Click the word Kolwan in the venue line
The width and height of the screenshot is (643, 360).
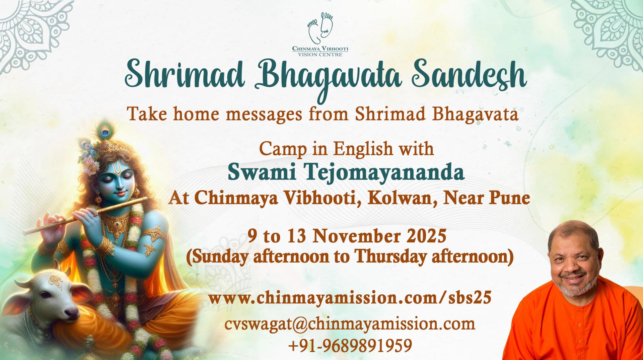(402, 198)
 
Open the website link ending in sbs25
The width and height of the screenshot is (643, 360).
(350, 298)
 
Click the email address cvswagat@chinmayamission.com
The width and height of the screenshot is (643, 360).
(350, 324)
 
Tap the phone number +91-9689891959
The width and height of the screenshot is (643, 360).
(350, 346)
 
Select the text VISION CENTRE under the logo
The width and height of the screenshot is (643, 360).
(320, 54)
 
